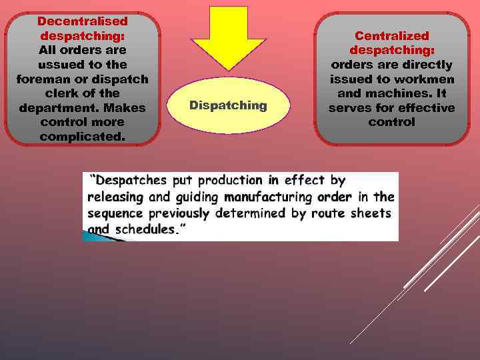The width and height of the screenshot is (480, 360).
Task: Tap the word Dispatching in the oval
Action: tap(228, 105)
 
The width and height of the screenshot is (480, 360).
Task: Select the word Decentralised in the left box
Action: tap(83, 21)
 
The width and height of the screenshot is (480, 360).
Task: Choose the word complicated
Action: tap(82, 137)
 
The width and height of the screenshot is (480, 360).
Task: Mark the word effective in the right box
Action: tap(421, 108)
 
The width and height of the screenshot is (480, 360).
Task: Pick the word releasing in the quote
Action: tap(114, 197)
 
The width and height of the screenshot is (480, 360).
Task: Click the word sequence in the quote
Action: tap(115, 213)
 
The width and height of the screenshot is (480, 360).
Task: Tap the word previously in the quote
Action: tap(178, 213)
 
